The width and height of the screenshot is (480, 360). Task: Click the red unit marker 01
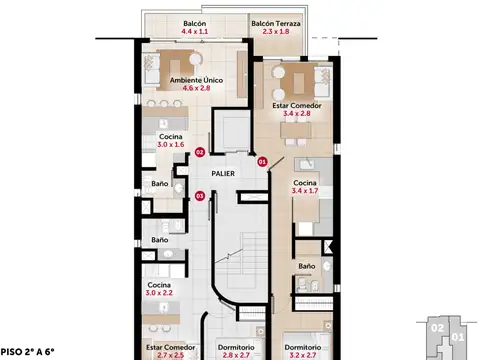click(x=262, y=162)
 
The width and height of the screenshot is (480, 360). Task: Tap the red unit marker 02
click(x=199, y=152)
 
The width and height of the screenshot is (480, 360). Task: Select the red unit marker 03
click(x=199, y=196)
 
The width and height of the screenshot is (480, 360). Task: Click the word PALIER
click(x=223, y=174)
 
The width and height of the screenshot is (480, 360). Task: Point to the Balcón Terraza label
click(x=276, y=24)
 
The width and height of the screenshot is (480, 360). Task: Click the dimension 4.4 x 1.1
click(x=195, y=32)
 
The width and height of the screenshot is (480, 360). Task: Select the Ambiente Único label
click(x=196, y=80)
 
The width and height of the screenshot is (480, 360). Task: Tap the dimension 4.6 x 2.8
click(x=196, y=88)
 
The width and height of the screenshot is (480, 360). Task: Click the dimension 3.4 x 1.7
click(x=305, y=191)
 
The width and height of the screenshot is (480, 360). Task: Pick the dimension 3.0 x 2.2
click(x=159, y=293)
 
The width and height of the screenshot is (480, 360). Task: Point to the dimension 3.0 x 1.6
click(x=171, y=145)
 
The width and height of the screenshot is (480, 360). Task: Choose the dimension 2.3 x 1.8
click(x=276, y=32)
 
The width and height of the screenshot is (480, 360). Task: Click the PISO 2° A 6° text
click(x=27, y=352)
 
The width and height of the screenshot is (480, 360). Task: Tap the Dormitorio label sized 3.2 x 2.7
click(x=303, y=347)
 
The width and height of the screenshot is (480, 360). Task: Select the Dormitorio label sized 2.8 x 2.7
click(x=236, y=347)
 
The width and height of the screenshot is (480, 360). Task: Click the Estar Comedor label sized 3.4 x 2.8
click(x=297, y=106)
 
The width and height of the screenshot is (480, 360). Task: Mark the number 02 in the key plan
click(x=437, y=328)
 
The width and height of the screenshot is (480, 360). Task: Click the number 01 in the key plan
click(x=458, y=337)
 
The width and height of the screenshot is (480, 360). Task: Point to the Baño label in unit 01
click(x=307, y=266)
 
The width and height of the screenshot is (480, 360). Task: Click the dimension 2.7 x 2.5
click(x=170, y=355)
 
